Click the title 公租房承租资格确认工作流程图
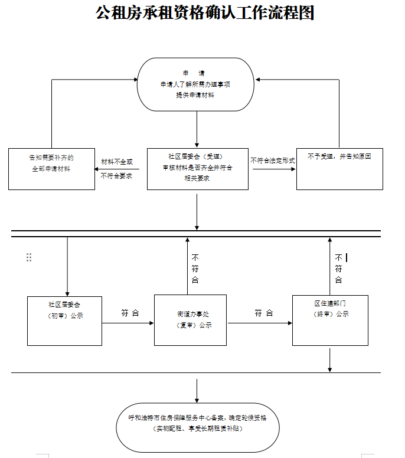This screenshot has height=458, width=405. tap(204, 12)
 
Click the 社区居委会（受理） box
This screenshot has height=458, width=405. tap(197, 169)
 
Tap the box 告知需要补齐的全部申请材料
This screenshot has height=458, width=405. tap(51, 169)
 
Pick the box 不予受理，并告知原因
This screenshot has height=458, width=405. tap(339, 169)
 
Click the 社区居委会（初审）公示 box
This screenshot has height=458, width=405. tap(64, 320)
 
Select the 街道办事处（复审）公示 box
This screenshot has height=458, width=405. tap(191, 320)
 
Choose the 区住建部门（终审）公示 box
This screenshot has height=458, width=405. tap(330, 320)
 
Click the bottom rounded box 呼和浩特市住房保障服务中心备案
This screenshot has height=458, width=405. tap(198, 423)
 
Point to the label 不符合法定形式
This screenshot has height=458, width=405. tap(272, 161)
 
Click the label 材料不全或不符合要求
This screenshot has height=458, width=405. tap(117, 168)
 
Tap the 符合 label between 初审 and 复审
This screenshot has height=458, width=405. tap(130, 313)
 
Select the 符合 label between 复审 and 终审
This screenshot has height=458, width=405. tap(264, 313)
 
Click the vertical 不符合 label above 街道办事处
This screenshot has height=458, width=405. tap(195, 269)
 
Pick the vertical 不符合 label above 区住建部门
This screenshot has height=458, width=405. tap(338, 269)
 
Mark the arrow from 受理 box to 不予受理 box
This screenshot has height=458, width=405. tap(273, 170)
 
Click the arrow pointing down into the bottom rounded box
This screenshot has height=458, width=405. tap(197, 391)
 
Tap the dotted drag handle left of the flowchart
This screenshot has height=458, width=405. tap(29, 257)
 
